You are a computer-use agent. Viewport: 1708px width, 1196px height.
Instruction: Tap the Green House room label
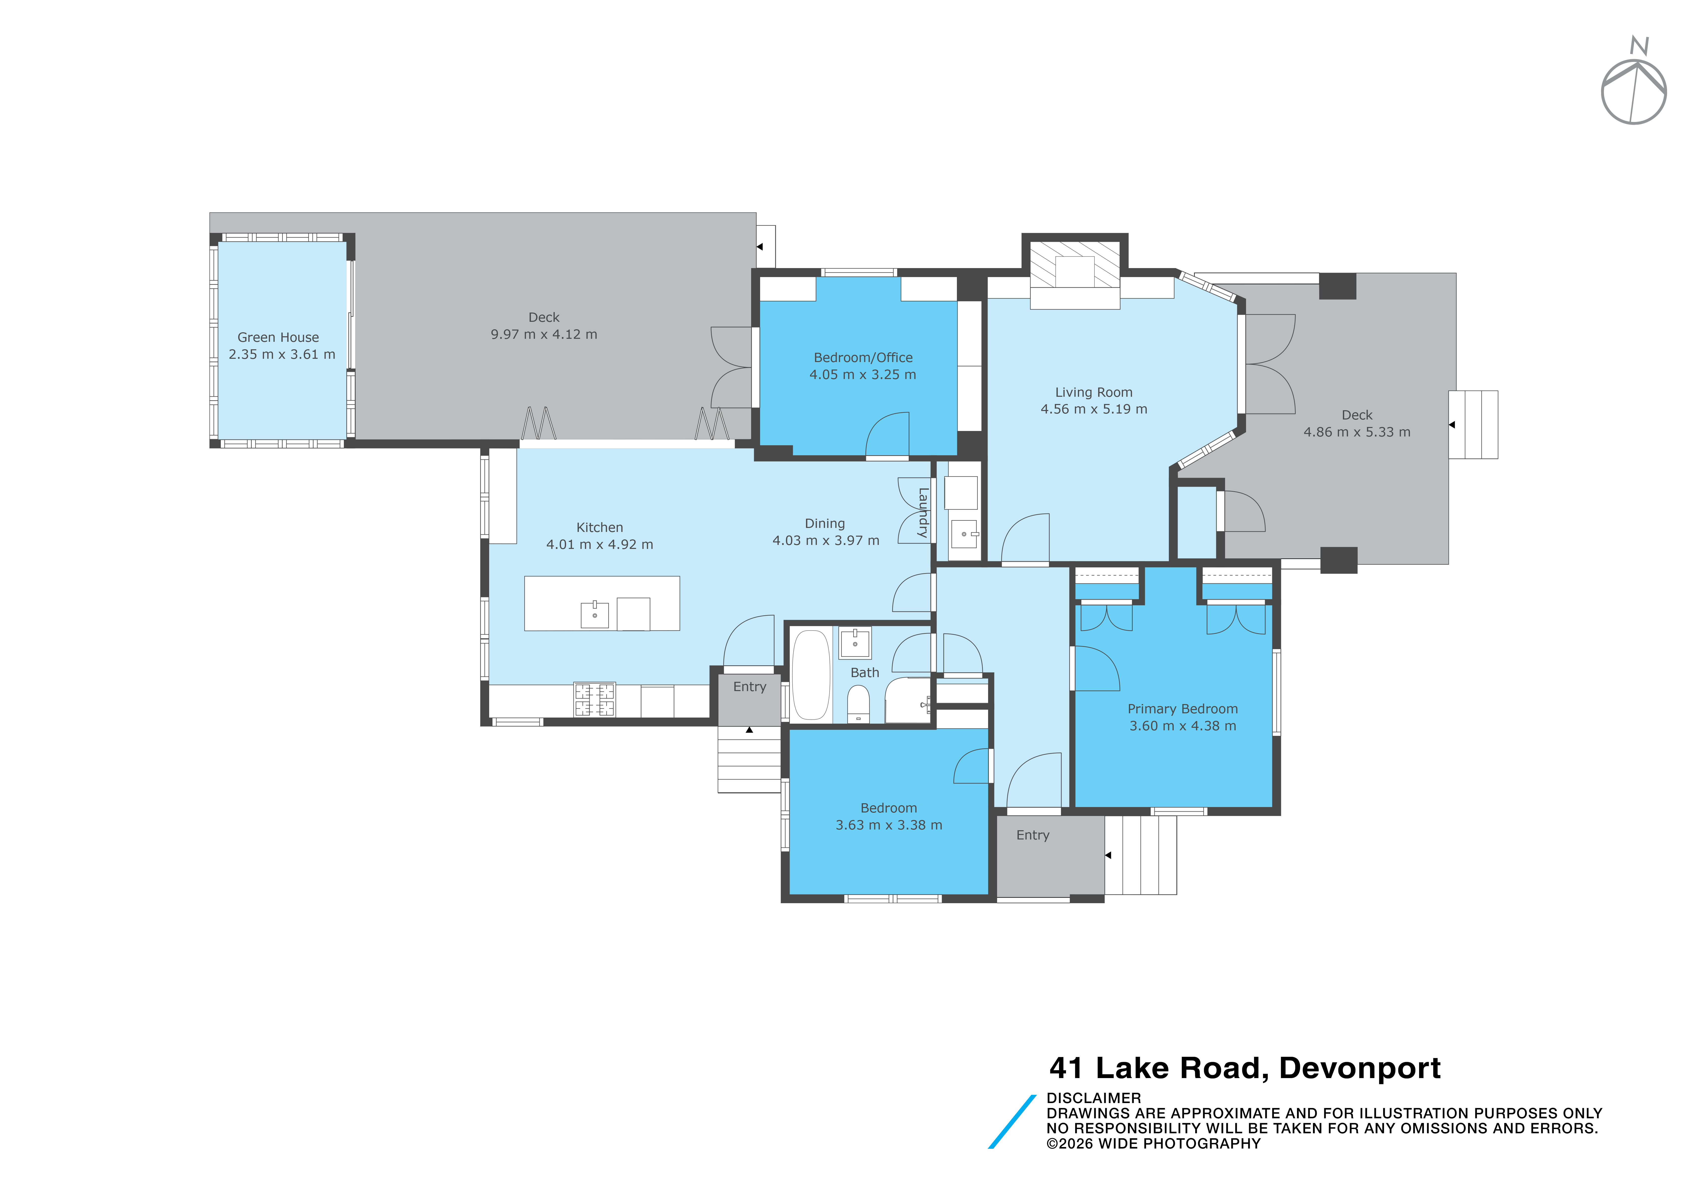(x=278, y=337)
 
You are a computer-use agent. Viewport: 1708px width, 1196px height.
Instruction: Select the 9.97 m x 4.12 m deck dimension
(x=544, y=334)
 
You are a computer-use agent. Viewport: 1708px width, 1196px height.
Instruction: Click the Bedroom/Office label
(x=863, y=357)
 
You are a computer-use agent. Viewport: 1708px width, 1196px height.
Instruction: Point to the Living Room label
(x=1093, y=392)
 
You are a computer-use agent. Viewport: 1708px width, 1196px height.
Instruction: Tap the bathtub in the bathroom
(x=811, y=675)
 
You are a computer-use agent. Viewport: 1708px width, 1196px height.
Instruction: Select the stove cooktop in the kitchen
(x=594, y=700)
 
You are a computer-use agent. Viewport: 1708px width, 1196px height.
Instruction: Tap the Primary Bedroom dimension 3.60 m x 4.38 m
(x=1183, y=726)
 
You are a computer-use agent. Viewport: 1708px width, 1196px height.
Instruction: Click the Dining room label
(x=825, y=523)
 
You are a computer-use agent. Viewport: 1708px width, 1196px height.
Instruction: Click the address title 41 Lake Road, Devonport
(x=1245, y=1068)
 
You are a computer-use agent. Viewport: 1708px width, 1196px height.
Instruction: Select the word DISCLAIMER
(x=1093, y=1098)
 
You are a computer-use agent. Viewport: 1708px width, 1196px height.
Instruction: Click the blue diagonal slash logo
(x=1012, y=1122)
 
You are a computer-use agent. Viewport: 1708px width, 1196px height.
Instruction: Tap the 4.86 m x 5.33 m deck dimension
(x=1357, y=432)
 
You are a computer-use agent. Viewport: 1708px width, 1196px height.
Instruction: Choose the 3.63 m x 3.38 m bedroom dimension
(x=889, y=825)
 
